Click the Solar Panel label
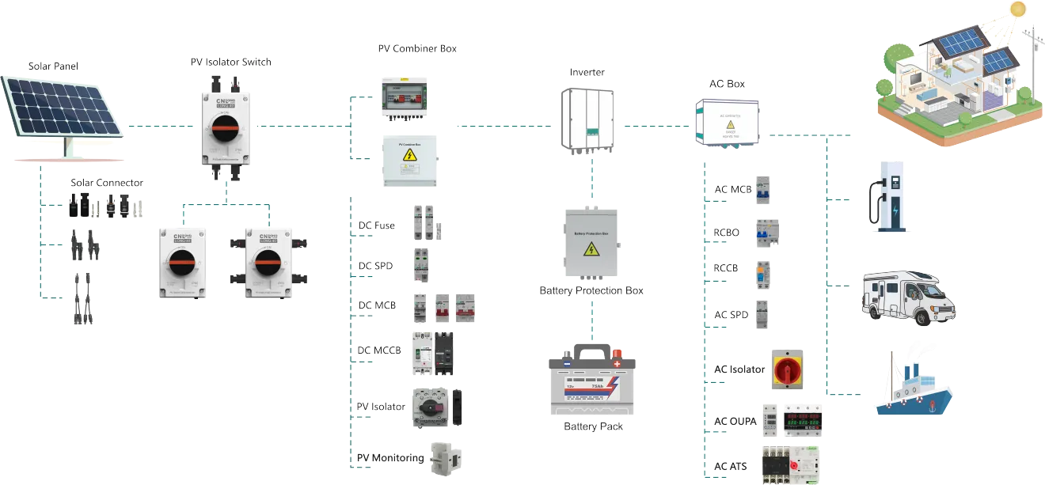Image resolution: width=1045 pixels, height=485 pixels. pyautogui.click(x=54, y=65)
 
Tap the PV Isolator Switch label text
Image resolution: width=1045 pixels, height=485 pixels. pyautogui.click(x=230, y=63)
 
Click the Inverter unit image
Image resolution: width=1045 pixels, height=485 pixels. pyautogui.click(x=587, y=117)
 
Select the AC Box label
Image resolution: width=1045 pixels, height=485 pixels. pyautogui.click(x=727, y=83)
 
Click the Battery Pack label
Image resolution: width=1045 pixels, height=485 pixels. pyautogui.click(x=593, y=426)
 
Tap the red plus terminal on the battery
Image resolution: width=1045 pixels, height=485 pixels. pyautogui.click(x=617, y=363)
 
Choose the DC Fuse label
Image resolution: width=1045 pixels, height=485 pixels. pyautogui.click(x=376, y=226)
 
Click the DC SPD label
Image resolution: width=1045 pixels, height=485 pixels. pyautogui.click(x=376, y=267)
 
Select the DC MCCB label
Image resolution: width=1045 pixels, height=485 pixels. pyautogui.click(x=379, y=350)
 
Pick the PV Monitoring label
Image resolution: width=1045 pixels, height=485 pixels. pyautogui.click(x=389, y=458)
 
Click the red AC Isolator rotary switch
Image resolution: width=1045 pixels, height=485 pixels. pyautogui.click(x=785, y=369)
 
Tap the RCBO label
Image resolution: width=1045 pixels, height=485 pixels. pyautogui.click(x=728, y=233)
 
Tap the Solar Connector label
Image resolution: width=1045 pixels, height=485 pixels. pyautogui.click(x=107, y=183)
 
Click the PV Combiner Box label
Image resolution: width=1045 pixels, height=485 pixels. pyautogui.click(x=416, y=49)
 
